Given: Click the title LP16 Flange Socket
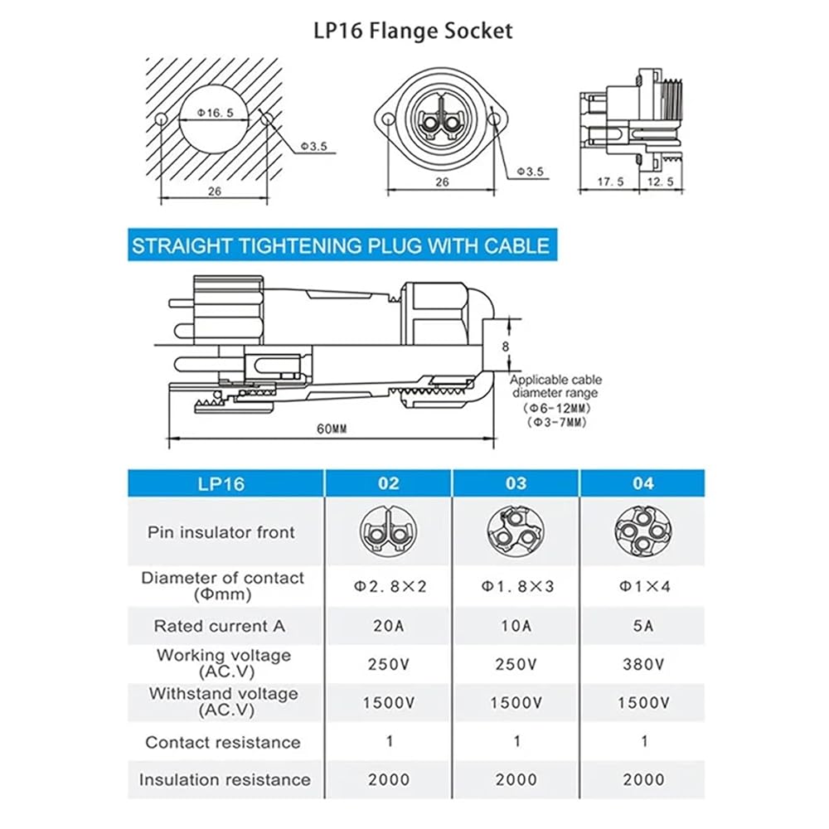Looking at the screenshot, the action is coord(413,31).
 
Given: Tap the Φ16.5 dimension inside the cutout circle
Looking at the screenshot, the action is coord(216,113).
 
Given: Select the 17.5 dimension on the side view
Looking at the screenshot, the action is coord(611,182).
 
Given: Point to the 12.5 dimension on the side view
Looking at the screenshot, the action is coord(661,182).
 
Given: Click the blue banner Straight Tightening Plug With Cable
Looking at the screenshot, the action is coord(342,245).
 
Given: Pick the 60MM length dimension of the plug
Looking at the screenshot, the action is coord(332,429).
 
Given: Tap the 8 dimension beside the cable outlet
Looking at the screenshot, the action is coord(506,347).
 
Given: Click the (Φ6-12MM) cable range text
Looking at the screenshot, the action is coord(557,408).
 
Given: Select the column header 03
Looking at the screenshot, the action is coord(516,483).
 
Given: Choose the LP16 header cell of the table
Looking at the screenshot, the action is coord(221,484).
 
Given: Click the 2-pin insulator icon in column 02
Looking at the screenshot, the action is coord(389,531).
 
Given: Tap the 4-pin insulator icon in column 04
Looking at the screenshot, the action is coord(643,531).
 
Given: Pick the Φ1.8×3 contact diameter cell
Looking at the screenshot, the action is coord(517,586).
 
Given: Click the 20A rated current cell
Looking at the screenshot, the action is coord(389,625).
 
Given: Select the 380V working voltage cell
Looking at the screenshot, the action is coord(643,664).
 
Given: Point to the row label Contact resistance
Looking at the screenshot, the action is coord(223,742).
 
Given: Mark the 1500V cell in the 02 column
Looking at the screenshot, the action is coord(389,703).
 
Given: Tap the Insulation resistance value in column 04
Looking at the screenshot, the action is coord(643,779).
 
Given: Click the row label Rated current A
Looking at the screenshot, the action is coord(220,626).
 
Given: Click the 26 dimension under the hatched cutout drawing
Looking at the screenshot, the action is coord(215,191).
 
